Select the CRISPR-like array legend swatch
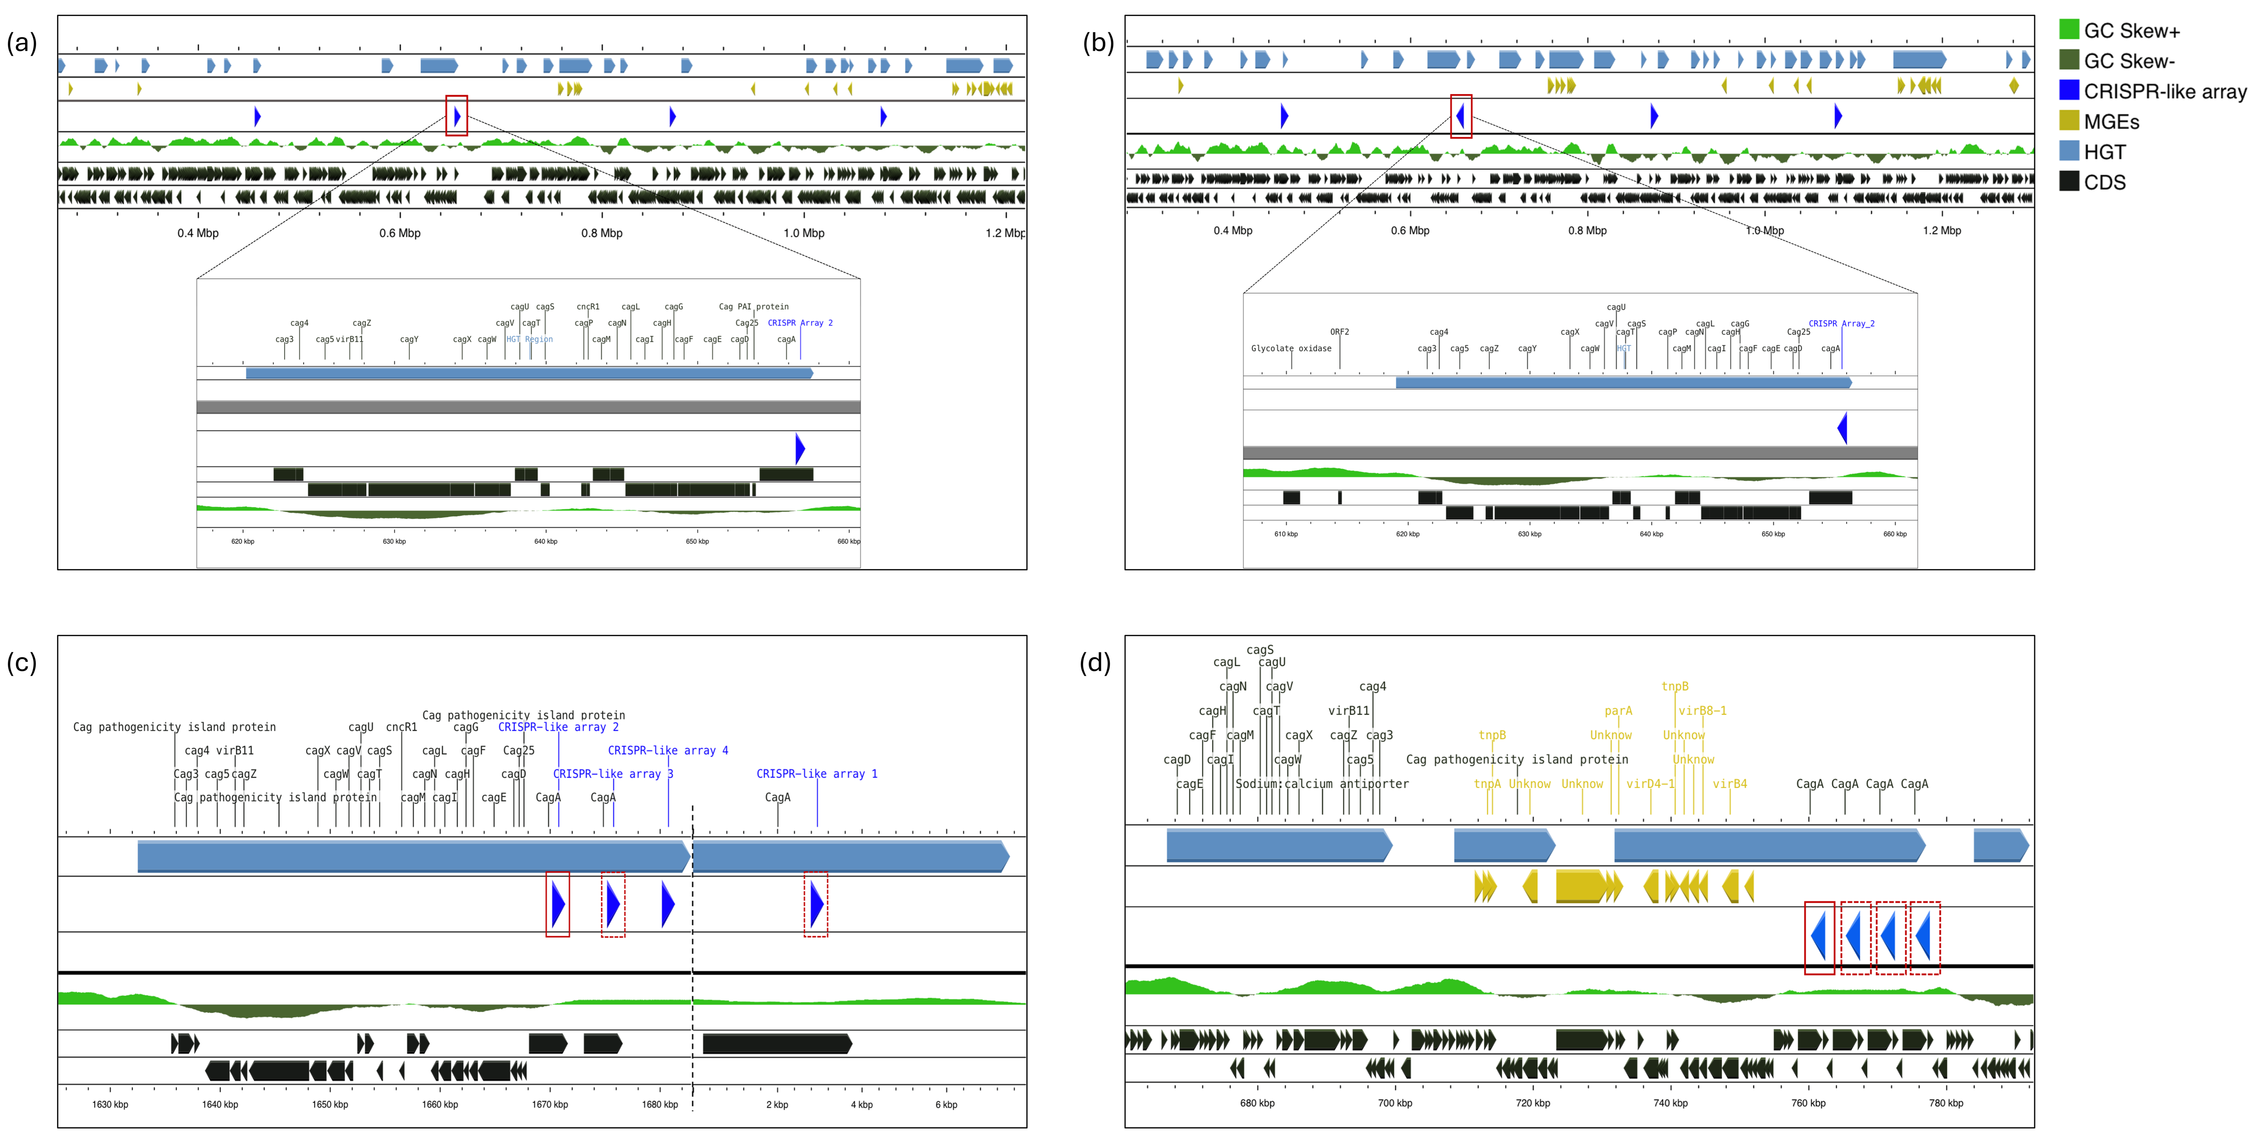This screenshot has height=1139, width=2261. pyautogui.click(x=2069, y=90)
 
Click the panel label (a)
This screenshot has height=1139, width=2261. pyautogui.click(x=22, y=42)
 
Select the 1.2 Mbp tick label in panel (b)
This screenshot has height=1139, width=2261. pyautogui.click(x=1942, y=230)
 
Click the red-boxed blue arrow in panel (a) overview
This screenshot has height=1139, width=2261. pyautogui.click(x=456, y=116)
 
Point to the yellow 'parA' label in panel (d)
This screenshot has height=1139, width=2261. pyautogui.click(x=1618, y=711)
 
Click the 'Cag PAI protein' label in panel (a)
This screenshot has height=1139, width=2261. pyautogui.click(x=753, y=306)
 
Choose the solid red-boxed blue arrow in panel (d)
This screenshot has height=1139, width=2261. pyautogui.click(x=1819, y=937)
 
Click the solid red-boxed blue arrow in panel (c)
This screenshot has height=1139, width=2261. pyautogui.click(x=557, y=904)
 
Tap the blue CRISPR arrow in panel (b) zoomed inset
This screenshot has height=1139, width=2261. pyautogui.click(x=1842, y=428)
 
